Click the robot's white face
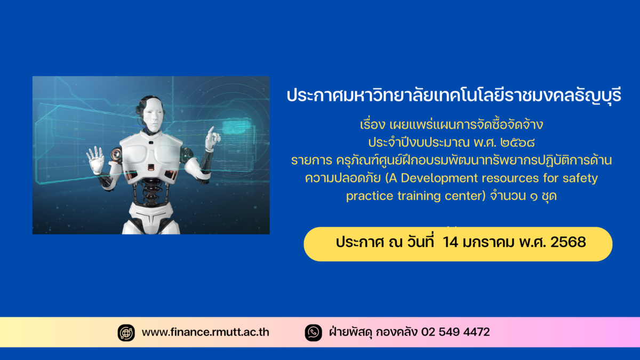tap(154, 115)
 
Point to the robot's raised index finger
tap(211, 132)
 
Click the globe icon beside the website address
tap(126, 333)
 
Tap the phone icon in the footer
tap(314, 333)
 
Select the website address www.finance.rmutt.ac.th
tap(205, 332)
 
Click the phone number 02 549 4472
tap(455, 332)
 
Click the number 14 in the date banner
tap(451, 242)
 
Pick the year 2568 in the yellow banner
tap(568, 242)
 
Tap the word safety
tap(580, 179)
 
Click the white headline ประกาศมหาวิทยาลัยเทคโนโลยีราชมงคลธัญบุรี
tap(454, 95)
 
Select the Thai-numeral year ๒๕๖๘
tap(517, 142)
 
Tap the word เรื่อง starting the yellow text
tap(372, 125)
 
